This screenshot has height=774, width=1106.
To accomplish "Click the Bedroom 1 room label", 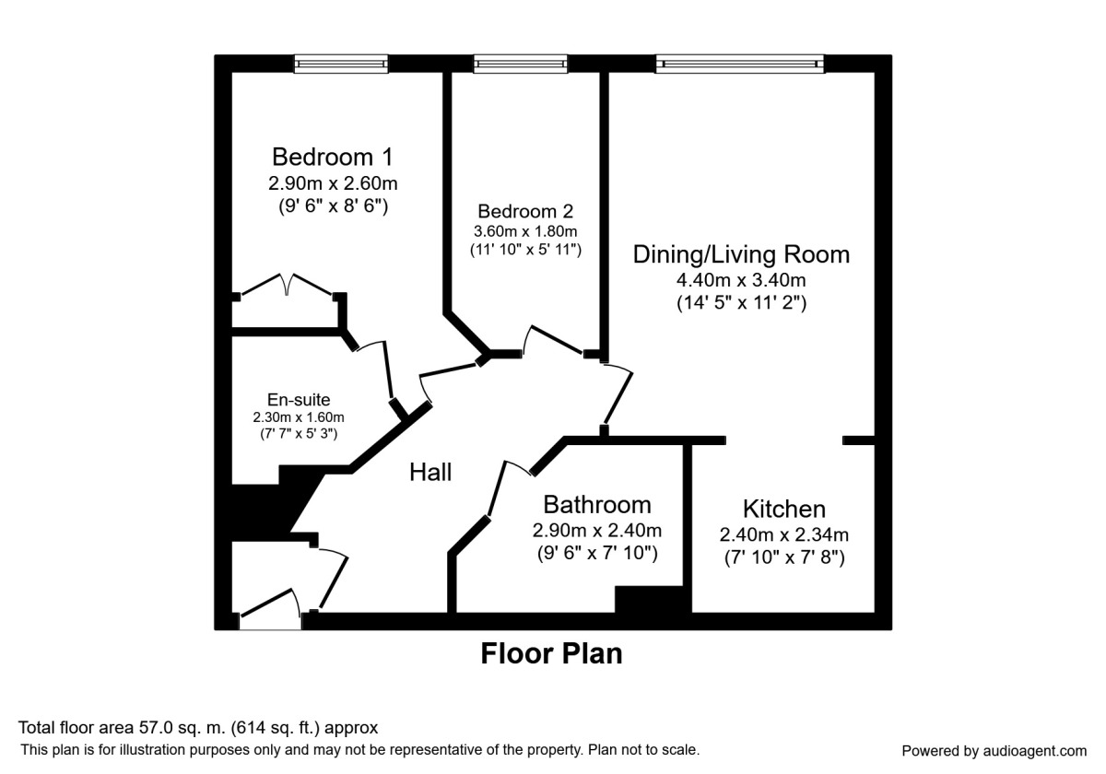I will pyautogui.click(x=332, y=155).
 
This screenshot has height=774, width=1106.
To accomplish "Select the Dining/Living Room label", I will pyautogui.click(x=741, y=253).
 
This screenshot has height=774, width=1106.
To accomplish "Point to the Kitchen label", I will pyautogui.click(x=783, y=509).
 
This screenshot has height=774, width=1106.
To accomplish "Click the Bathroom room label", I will pyautogui.click(x=596, y=504).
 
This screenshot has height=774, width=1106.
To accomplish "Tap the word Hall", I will pyautogui.click(x=430, y=472).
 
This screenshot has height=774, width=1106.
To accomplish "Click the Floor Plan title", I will pyautogui.click(x=551, y=653).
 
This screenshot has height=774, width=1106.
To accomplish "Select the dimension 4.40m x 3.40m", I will pyautogui.click(x=741, y=279).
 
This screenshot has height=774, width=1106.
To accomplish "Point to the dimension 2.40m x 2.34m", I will pyautogui.click(x=783, y=534).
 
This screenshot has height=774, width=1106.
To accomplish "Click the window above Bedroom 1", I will pyautogui.click(x=341, y=64).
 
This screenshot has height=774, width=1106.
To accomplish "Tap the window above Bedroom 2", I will pyautogui.click(x=521, y=64).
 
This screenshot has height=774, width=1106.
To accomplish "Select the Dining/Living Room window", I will pyautogui.click(x=740, y=64).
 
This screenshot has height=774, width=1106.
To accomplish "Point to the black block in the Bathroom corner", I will pyautogui.click(x=652, y=598).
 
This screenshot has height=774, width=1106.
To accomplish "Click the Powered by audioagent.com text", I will pyautogui.click(x=994, y=750).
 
